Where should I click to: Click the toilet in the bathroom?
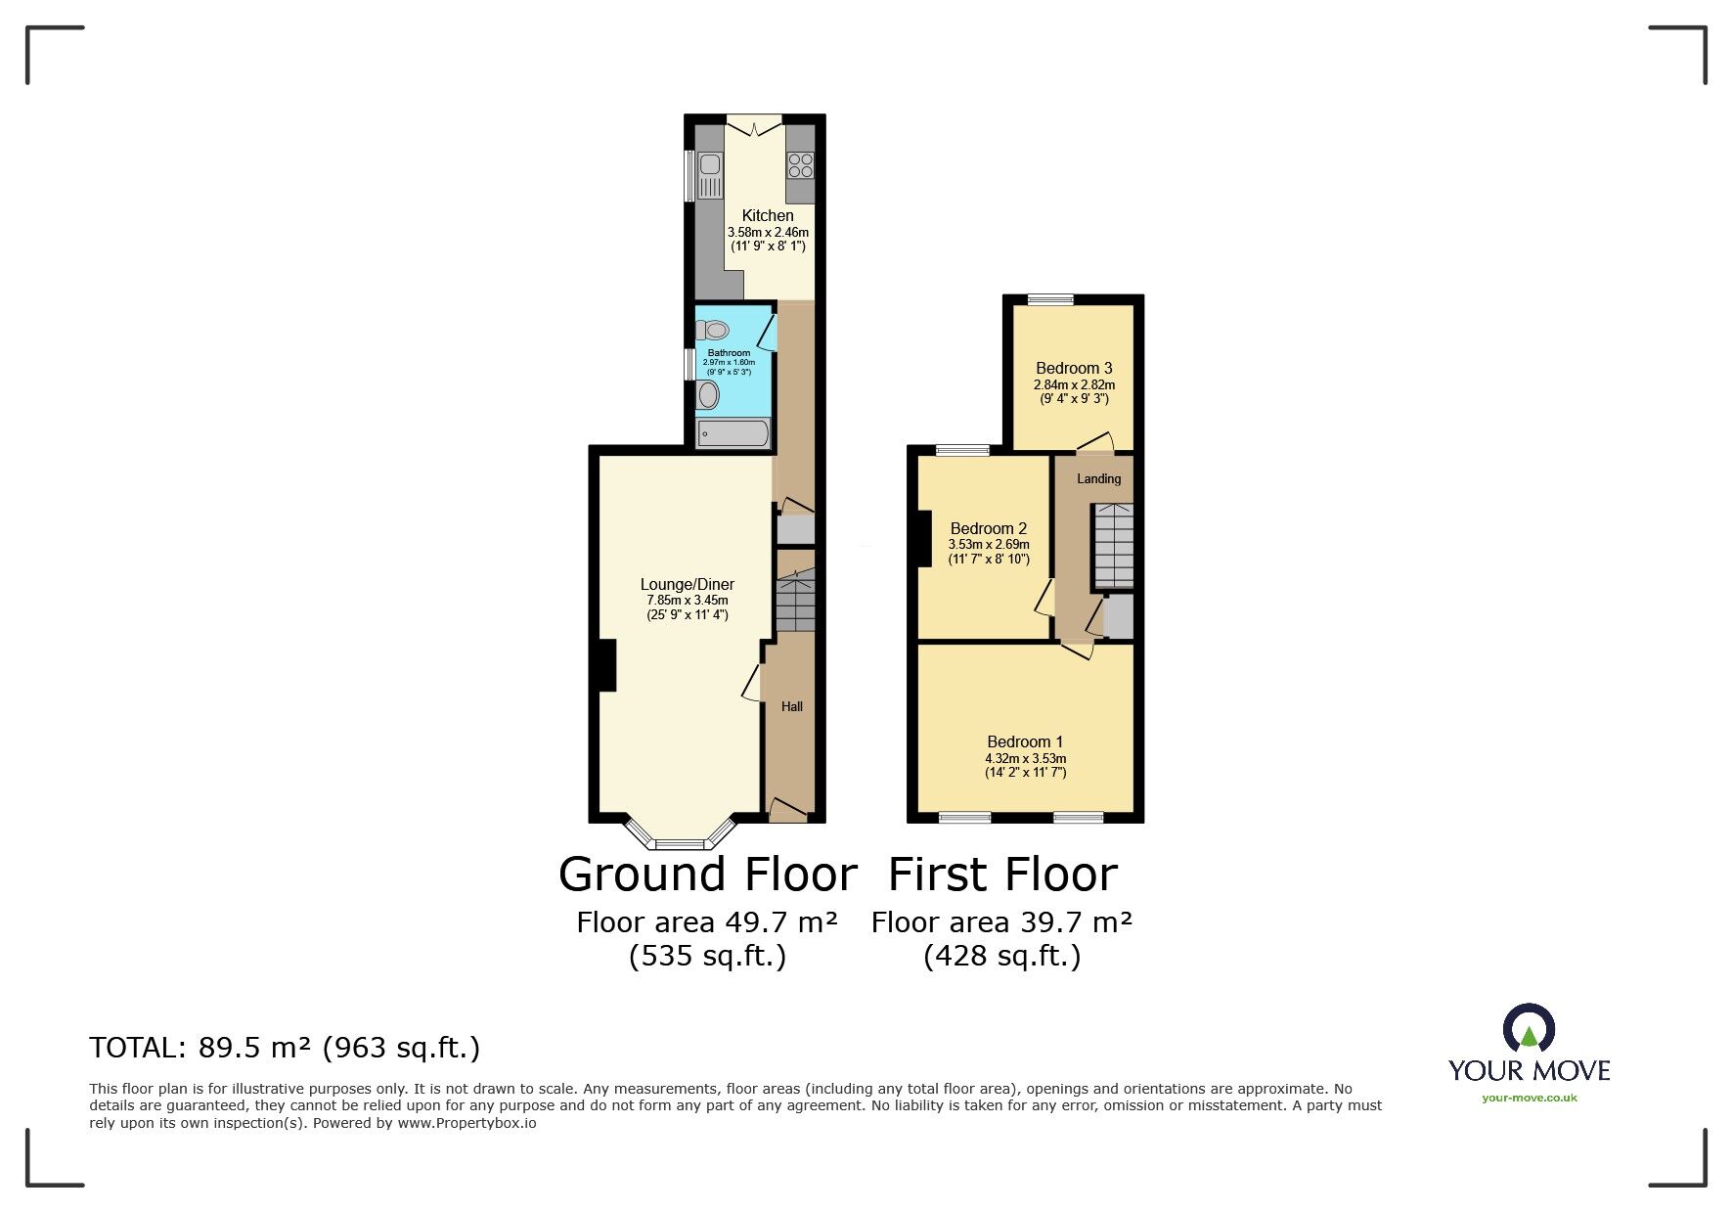click(x=713, y=330)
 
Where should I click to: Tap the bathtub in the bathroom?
click(x=733, y=432)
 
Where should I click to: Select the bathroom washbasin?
click(x=708, y=395)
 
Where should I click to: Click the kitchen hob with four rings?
click(x=800, y=164)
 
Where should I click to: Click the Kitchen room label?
click(x=768, y=215)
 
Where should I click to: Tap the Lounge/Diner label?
click(x=687, y=584)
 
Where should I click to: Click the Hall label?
click(x=791, y=706)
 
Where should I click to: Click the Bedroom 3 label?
click(x=1074, y=368)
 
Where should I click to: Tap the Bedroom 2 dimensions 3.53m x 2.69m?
click(x=988, y=545)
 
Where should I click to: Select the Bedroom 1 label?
click(x=1025, y=741)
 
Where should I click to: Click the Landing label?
click(x=1098, y=478)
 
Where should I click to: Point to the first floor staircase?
click(x=1113, y=546)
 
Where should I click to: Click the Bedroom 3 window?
click(x=1050, y=299)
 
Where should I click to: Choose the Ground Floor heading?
click(x=707, y=874)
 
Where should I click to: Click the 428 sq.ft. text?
click(x=1001, y=956)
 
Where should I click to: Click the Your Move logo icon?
click(x=1529, y=1029)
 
